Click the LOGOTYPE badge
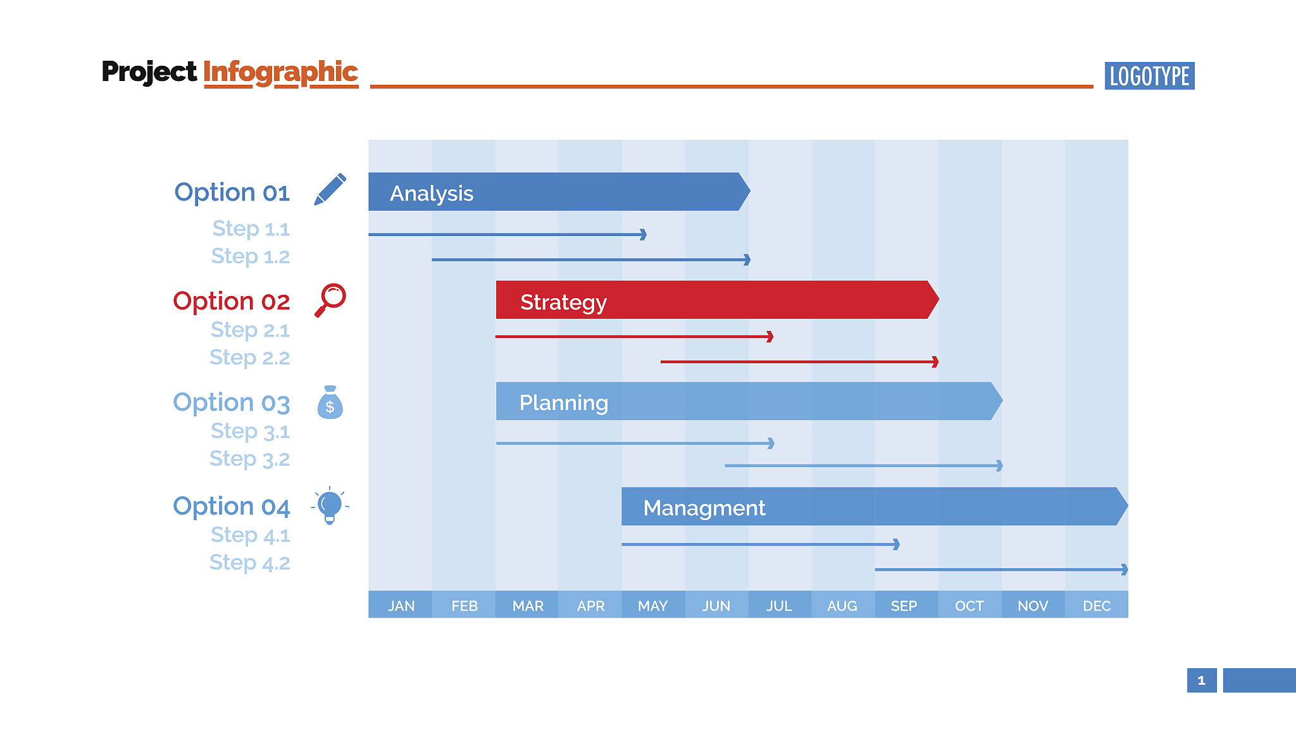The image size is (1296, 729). (x=1149, y=76)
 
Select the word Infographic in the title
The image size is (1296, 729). (x=280, y=72)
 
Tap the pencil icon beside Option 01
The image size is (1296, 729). (x=330, y=189)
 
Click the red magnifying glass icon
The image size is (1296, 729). (x=330, y=299)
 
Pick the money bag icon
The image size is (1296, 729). (x=330, y=402)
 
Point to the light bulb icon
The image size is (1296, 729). (x=330, y=506)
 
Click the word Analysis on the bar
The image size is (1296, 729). (x=432, y=193)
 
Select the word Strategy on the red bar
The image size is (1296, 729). (x=563, y=302)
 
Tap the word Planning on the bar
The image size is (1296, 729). (x=563, y=402)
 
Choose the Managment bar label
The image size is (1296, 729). (x=704, y=508)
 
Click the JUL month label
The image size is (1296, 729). (x=779, y=606)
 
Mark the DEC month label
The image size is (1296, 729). (x=1097, y=606)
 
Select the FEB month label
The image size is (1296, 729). (x=464, y=606)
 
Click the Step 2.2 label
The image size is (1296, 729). (x=250, y=358)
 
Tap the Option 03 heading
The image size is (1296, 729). (x=232, y=402)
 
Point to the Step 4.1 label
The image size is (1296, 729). (x=250, y=535)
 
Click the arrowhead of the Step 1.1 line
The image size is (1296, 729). (x=643, y=235)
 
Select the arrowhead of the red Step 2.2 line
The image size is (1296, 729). (x=935, y=362)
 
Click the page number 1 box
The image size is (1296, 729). (x=1201, y=680)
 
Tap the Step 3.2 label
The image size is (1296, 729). (x=250, y=459)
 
